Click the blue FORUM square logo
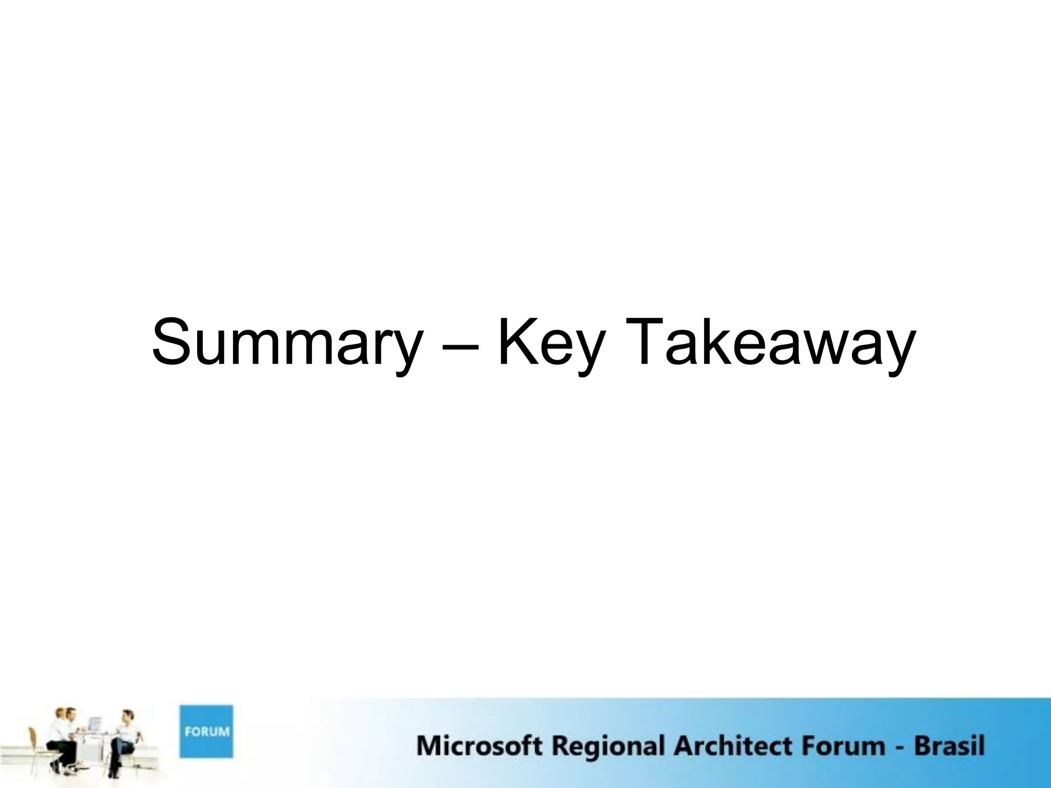click(206, 731)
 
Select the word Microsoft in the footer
click(479, 745)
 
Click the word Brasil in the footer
click(950, 745)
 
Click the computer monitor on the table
click(94, 724)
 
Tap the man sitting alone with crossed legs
click(125, 739)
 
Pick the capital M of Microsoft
click(429, 745)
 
